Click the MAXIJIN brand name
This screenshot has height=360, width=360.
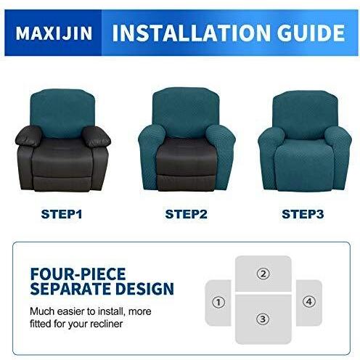54,33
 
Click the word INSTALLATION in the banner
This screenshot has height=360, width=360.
191,33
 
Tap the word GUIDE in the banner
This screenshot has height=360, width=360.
311,33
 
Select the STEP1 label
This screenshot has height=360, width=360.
62,214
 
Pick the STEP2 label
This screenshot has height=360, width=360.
186,214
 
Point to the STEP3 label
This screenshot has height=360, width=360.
303,214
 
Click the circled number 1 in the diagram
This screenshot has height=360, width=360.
218,302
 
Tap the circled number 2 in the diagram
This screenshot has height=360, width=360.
263,274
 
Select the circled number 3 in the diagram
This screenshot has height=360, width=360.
263,319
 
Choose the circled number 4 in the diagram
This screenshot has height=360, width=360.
309,302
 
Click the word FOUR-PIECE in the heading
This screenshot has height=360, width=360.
78,274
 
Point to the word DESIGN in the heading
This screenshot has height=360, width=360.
144,288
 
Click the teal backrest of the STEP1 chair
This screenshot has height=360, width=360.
62,112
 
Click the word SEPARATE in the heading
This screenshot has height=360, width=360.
71,288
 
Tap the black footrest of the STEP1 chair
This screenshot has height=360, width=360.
62,184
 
